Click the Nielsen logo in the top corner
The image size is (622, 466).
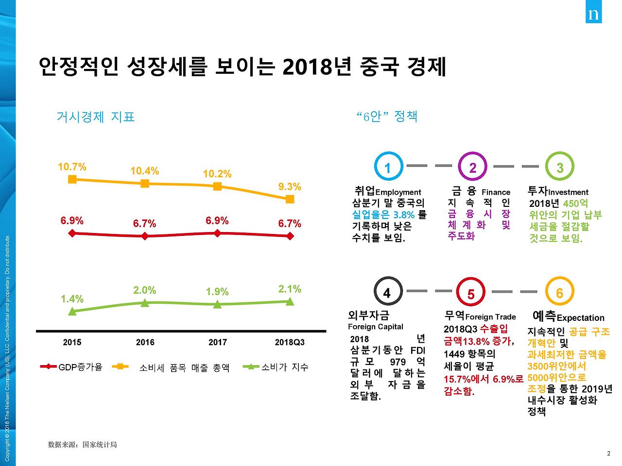(593, 14)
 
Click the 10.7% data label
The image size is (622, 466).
(72, 167)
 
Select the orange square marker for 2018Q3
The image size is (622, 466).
(290, 199)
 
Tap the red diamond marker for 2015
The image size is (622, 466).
(72, 233)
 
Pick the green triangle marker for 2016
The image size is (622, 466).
(145, 303)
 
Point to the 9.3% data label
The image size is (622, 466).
(290, 186)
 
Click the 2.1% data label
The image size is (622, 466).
(290, 289)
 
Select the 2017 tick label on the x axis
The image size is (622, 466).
(217, 342)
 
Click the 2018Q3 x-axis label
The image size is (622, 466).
(290, 342)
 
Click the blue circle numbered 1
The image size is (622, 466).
(387, 167)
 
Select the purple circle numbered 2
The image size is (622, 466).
(472, 167)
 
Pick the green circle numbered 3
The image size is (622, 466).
(560, 167)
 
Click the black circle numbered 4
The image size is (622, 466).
(387, 292)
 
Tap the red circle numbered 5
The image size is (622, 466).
(471, 293)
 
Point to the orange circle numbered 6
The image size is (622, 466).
(559, 292)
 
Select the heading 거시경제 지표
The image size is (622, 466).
(95, 117)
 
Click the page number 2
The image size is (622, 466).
(608, 453)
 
